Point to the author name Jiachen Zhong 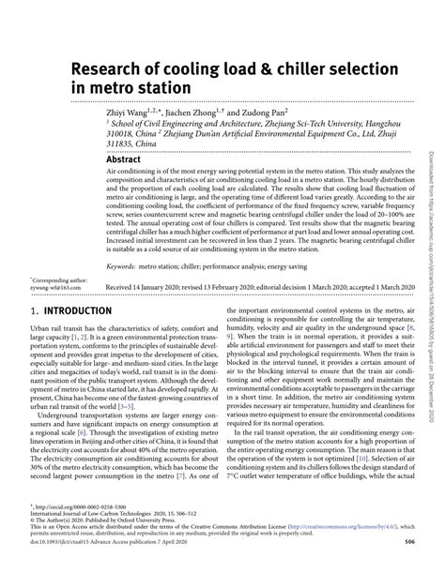pyautogui.click(x=202, y=110)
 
